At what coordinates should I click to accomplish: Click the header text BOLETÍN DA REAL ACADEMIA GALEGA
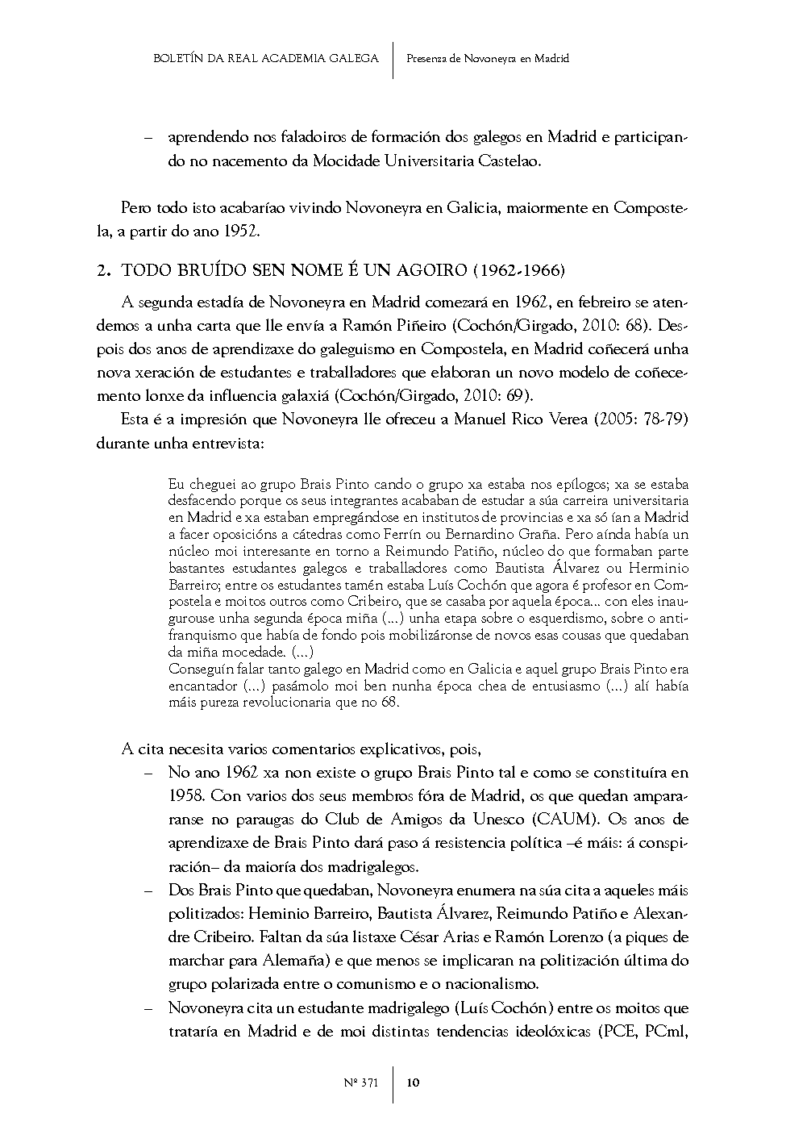265,58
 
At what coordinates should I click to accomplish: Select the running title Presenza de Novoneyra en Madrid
488,58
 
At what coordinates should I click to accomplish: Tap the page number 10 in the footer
413,1083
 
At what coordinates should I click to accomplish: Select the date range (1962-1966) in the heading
519,271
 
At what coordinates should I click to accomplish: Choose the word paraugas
272,820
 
